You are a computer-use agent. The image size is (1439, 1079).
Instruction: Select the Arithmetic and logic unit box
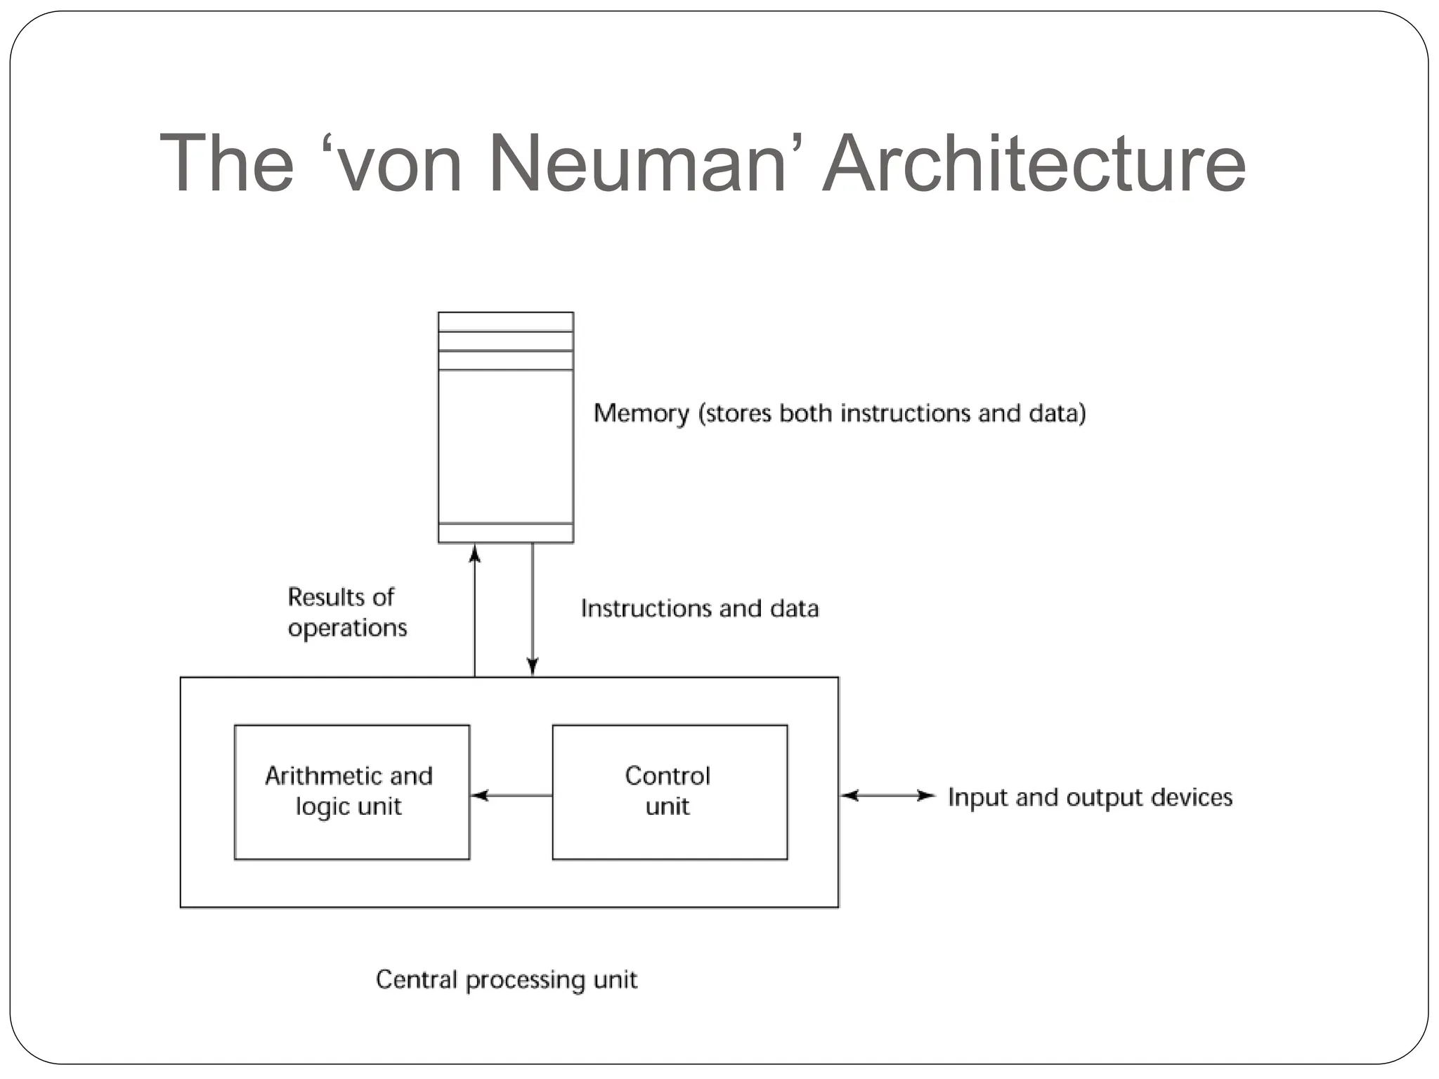point(351,792)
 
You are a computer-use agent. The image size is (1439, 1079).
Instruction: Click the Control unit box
point(669,792)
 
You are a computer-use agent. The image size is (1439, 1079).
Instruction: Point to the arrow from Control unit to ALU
point(511,795)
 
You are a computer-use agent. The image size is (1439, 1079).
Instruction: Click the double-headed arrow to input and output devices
point(888,795)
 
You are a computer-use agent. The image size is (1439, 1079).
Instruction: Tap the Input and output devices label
point(1090,797)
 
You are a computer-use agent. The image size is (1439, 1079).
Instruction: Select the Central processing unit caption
point(506,979)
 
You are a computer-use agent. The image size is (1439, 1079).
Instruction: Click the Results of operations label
point(346,612)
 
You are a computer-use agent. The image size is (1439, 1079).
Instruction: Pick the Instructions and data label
point(700,608)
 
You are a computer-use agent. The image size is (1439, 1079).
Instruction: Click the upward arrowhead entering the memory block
point(475,554)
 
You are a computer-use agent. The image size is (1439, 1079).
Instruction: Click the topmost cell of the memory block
point(506,322)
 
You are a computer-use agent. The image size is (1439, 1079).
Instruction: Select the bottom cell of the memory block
point(506,533)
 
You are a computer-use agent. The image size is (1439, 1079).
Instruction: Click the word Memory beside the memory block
point(642,413)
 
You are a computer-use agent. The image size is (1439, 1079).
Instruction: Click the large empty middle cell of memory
point(506,446)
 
